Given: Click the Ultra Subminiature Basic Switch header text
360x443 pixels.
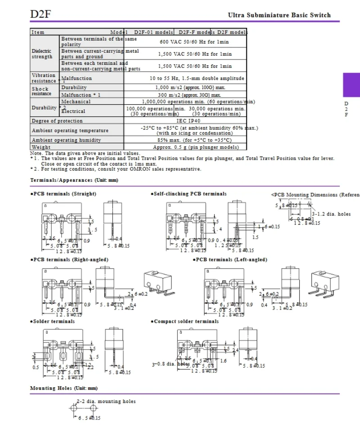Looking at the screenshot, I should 279,15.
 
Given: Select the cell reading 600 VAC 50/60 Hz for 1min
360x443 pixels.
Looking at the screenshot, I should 195,42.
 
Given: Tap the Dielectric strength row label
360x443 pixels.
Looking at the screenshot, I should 42,54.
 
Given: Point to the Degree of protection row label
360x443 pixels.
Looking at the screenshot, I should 57,121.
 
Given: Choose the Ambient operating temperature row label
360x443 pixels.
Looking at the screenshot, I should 70,130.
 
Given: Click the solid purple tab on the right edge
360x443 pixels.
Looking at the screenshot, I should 351,85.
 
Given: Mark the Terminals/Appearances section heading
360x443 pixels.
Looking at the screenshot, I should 74,180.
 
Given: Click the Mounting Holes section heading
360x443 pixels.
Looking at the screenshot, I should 63,388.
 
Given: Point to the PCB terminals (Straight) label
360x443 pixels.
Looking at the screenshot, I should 63,194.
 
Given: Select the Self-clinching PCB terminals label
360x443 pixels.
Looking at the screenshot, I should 189,194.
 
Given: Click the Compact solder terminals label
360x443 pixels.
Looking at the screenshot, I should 185,322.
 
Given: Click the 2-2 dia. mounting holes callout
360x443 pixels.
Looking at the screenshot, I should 106,401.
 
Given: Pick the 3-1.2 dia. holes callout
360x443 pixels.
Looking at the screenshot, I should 332,214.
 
